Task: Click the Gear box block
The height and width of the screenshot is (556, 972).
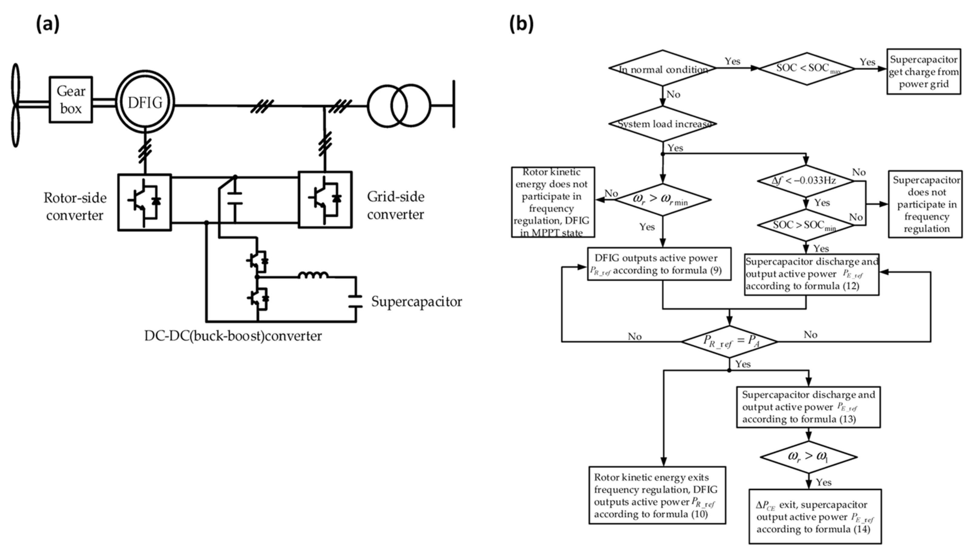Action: click(x=71, y=100)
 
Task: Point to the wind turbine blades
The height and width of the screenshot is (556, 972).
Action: click(x=15, y=105)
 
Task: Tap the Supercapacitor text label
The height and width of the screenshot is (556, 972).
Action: click(x=416, y=302)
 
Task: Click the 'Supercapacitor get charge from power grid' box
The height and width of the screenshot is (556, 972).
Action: click(x=924, y=72)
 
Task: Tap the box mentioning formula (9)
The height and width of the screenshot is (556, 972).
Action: click(x=659, y=264)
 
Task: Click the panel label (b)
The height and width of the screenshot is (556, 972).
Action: click(x=522, y=25)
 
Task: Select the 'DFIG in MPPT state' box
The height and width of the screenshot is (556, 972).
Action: click(x=553, y=202)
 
